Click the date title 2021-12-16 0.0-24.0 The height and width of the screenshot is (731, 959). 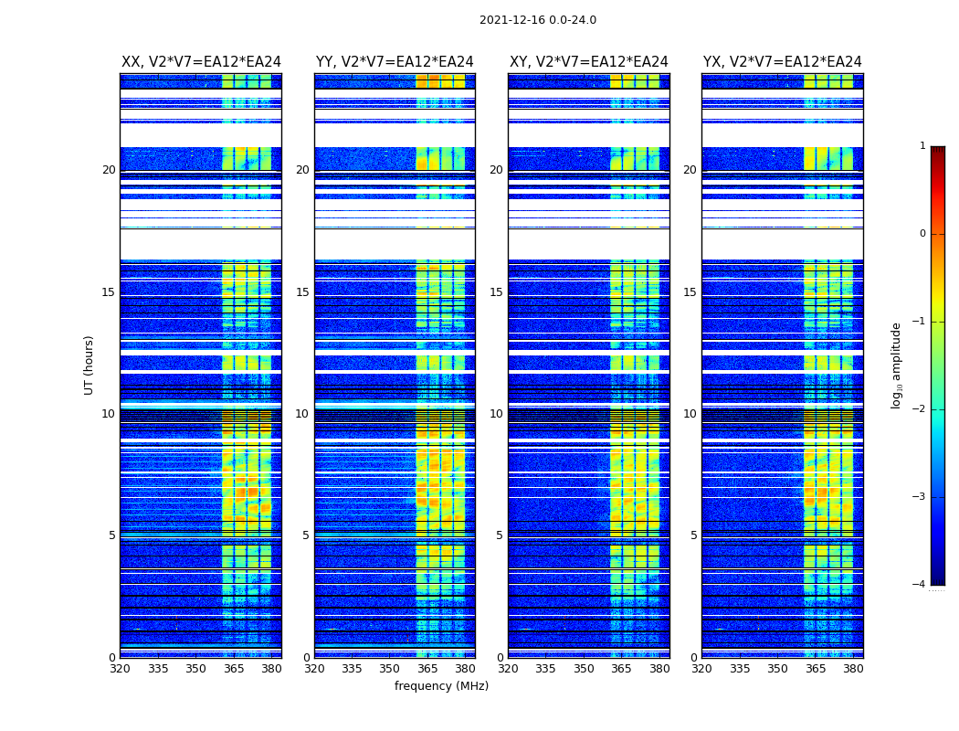coord(537,20)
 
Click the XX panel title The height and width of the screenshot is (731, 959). coord(201,62)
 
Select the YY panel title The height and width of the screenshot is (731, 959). coord(395,62)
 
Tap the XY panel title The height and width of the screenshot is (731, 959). coord(588,62)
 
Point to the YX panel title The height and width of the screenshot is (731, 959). coord(782,62)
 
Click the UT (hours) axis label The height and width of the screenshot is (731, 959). coord(90,365)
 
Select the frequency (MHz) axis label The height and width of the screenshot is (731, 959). coord(441,686)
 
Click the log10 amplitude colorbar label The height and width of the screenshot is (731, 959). coord(897,365)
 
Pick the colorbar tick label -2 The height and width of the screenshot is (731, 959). coord(922,409)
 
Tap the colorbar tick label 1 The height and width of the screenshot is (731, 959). coord(922,146)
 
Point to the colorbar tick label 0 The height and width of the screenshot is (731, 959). coord(922,234)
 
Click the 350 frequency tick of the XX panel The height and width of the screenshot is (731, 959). coord(195,669)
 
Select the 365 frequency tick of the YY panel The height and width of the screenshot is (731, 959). coord(427,669)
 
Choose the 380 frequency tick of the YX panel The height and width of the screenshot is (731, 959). coord(853,669)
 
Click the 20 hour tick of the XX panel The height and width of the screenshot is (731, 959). coord(109,170)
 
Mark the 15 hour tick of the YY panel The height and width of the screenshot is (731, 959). coord(302,292)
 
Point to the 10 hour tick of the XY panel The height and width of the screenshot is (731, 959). coord(496,414)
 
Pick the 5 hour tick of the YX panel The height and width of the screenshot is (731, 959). coord(693,535)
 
